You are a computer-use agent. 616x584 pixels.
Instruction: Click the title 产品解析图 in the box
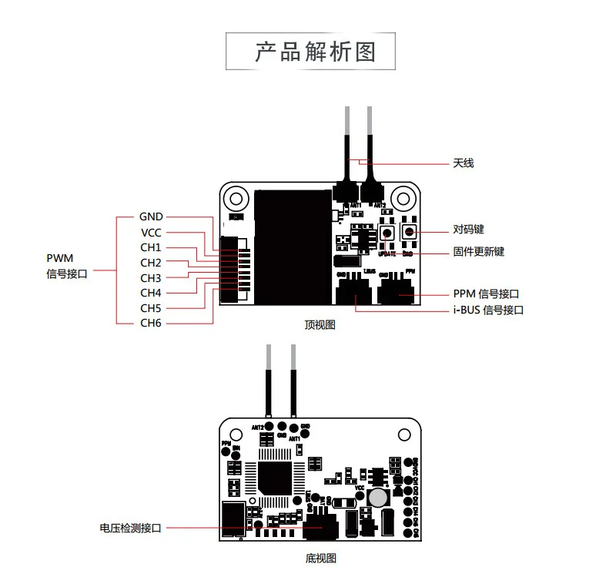(314, 52)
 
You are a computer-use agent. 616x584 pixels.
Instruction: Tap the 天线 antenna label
(463, 163)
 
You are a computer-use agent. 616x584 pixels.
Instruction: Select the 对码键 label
(468, 230)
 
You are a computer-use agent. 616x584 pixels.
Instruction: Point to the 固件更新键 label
(478, 252)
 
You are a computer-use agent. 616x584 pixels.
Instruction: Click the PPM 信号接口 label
(486, 294)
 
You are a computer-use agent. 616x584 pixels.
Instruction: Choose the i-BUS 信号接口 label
(488, 310)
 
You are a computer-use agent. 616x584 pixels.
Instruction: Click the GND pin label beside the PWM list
(151, 217)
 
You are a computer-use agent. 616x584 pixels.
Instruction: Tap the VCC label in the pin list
(151, 233)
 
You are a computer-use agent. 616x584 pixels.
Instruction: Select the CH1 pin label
(151, 247)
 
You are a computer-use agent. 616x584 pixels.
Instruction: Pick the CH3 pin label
(151, 277)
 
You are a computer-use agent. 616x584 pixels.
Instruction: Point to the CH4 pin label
(151, 293)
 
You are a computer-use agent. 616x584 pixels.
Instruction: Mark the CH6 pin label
(151, 323)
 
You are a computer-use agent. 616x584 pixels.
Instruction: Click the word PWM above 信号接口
(59, 258)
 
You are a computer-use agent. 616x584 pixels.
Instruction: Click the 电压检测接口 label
(131, 528)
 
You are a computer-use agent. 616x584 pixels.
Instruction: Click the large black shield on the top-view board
(293, 246)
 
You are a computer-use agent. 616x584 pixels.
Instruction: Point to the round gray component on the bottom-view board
(377, 498)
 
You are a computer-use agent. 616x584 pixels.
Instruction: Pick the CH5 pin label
(151, 308)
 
